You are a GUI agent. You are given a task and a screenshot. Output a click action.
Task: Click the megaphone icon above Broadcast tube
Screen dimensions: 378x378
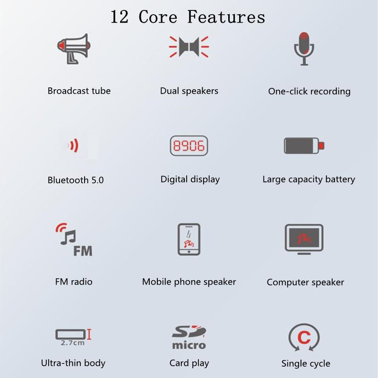point(74,49)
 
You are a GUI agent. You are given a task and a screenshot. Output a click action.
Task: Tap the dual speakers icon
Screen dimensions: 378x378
point(189,47)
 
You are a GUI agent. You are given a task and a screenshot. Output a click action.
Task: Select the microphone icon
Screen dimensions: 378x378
point(304,49)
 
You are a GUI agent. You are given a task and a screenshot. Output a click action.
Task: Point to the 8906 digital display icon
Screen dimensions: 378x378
point(189,146)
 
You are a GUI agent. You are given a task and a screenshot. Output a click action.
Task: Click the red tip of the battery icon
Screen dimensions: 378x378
point(321,146)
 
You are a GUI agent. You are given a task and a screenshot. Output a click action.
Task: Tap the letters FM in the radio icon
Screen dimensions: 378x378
point(83,251)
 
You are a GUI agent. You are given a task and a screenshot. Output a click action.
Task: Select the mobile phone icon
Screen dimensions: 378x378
point(189,240)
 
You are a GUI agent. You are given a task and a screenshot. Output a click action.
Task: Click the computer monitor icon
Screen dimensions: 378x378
point(304,239)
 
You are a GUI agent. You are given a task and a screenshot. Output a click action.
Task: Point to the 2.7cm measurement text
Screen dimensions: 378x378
point(73,343)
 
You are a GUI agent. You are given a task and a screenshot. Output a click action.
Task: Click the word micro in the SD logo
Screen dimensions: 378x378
point(189,345)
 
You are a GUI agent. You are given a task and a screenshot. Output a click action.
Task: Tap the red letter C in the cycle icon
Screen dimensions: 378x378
point(304,337)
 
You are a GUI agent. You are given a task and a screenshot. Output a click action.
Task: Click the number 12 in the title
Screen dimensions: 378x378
point(120,17)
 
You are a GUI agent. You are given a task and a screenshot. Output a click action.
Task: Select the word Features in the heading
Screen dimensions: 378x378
point(226,17)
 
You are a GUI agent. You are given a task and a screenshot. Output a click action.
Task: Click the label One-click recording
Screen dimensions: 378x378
point(309,91)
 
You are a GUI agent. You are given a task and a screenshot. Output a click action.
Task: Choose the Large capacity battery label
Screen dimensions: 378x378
point(309,180)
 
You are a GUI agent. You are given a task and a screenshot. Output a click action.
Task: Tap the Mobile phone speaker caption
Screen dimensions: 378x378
point(189,282)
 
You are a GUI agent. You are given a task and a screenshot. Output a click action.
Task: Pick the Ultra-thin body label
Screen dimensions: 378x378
point(73,363)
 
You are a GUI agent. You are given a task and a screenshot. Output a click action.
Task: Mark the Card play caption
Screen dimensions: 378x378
point(189,363)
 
